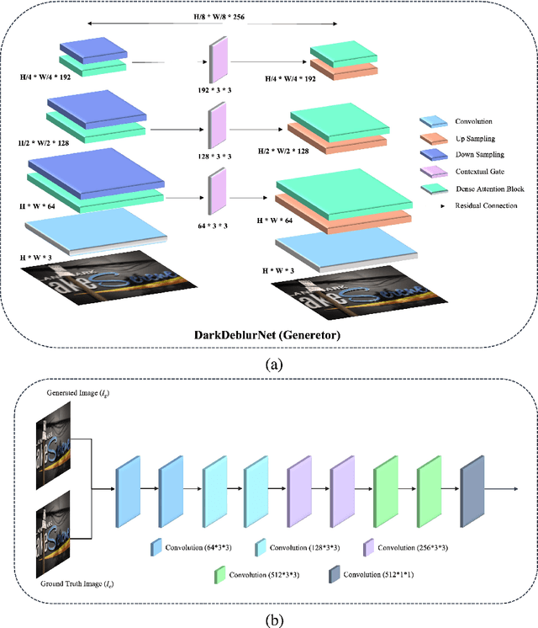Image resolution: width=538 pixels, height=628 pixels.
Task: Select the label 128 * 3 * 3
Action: pyautogui.click(x=219, y=155)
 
